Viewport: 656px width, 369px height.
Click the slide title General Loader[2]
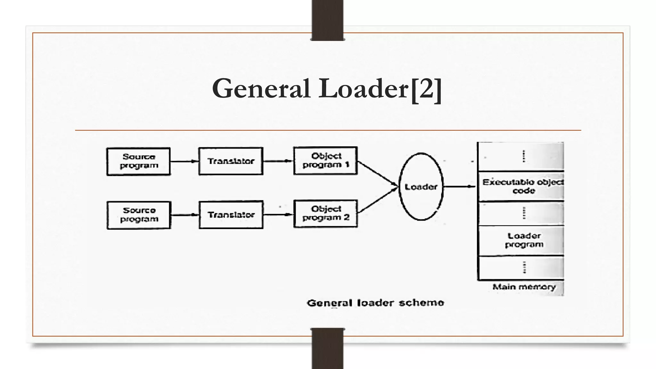pos(327,89)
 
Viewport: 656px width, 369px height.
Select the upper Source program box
pos(138,161)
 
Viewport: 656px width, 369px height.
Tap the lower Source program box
pos(139,215)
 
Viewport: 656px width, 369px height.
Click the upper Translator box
pos(231,161)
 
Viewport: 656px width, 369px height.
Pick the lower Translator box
pos(231,215)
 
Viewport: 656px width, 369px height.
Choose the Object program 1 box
pos(325,160)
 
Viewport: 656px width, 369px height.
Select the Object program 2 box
pos(325,214)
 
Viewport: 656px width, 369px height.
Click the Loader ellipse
pos(421,187)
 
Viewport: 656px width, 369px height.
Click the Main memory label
pos(524,287)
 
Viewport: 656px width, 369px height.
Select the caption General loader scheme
pos(375,303)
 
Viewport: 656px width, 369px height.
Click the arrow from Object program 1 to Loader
pos(377,173)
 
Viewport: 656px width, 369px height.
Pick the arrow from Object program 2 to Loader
pos(377,200)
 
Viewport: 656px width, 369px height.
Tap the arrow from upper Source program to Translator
pos(184,161)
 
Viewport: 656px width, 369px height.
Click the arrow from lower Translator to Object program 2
pos(278,215)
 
